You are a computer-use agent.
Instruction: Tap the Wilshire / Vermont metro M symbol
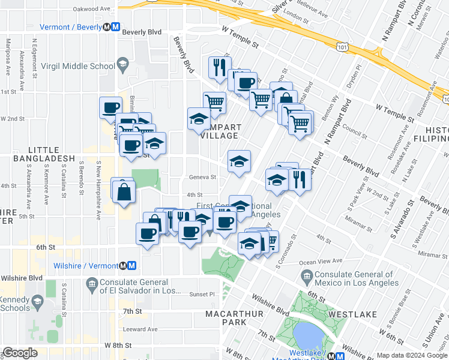[130, 265]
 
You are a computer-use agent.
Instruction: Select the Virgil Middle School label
[85, 66]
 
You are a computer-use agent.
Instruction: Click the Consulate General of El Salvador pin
[92, 283]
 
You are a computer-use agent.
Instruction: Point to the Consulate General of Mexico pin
[307, 277]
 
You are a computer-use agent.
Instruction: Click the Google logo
[20, 353]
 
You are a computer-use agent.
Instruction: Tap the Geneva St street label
[202, 177]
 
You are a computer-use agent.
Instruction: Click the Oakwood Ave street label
[92, 9]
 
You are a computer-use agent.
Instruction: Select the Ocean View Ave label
[320, 261]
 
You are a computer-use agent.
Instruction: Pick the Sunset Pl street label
[202, 295]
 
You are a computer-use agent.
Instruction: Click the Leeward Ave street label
[140, 329]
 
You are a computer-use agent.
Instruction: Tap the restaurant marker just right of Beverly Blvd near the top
[219, 67]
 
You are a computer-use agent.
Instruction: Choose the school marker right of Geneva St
[238, 161]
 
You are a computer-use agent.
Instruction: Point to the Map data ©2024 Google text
[411, 355]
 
